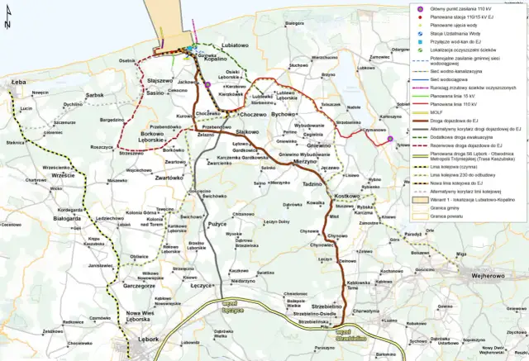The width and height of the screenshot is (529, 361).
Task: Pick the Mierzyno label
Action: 281,164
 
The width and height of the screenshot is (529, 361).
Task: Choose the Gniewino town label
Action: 319,145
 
